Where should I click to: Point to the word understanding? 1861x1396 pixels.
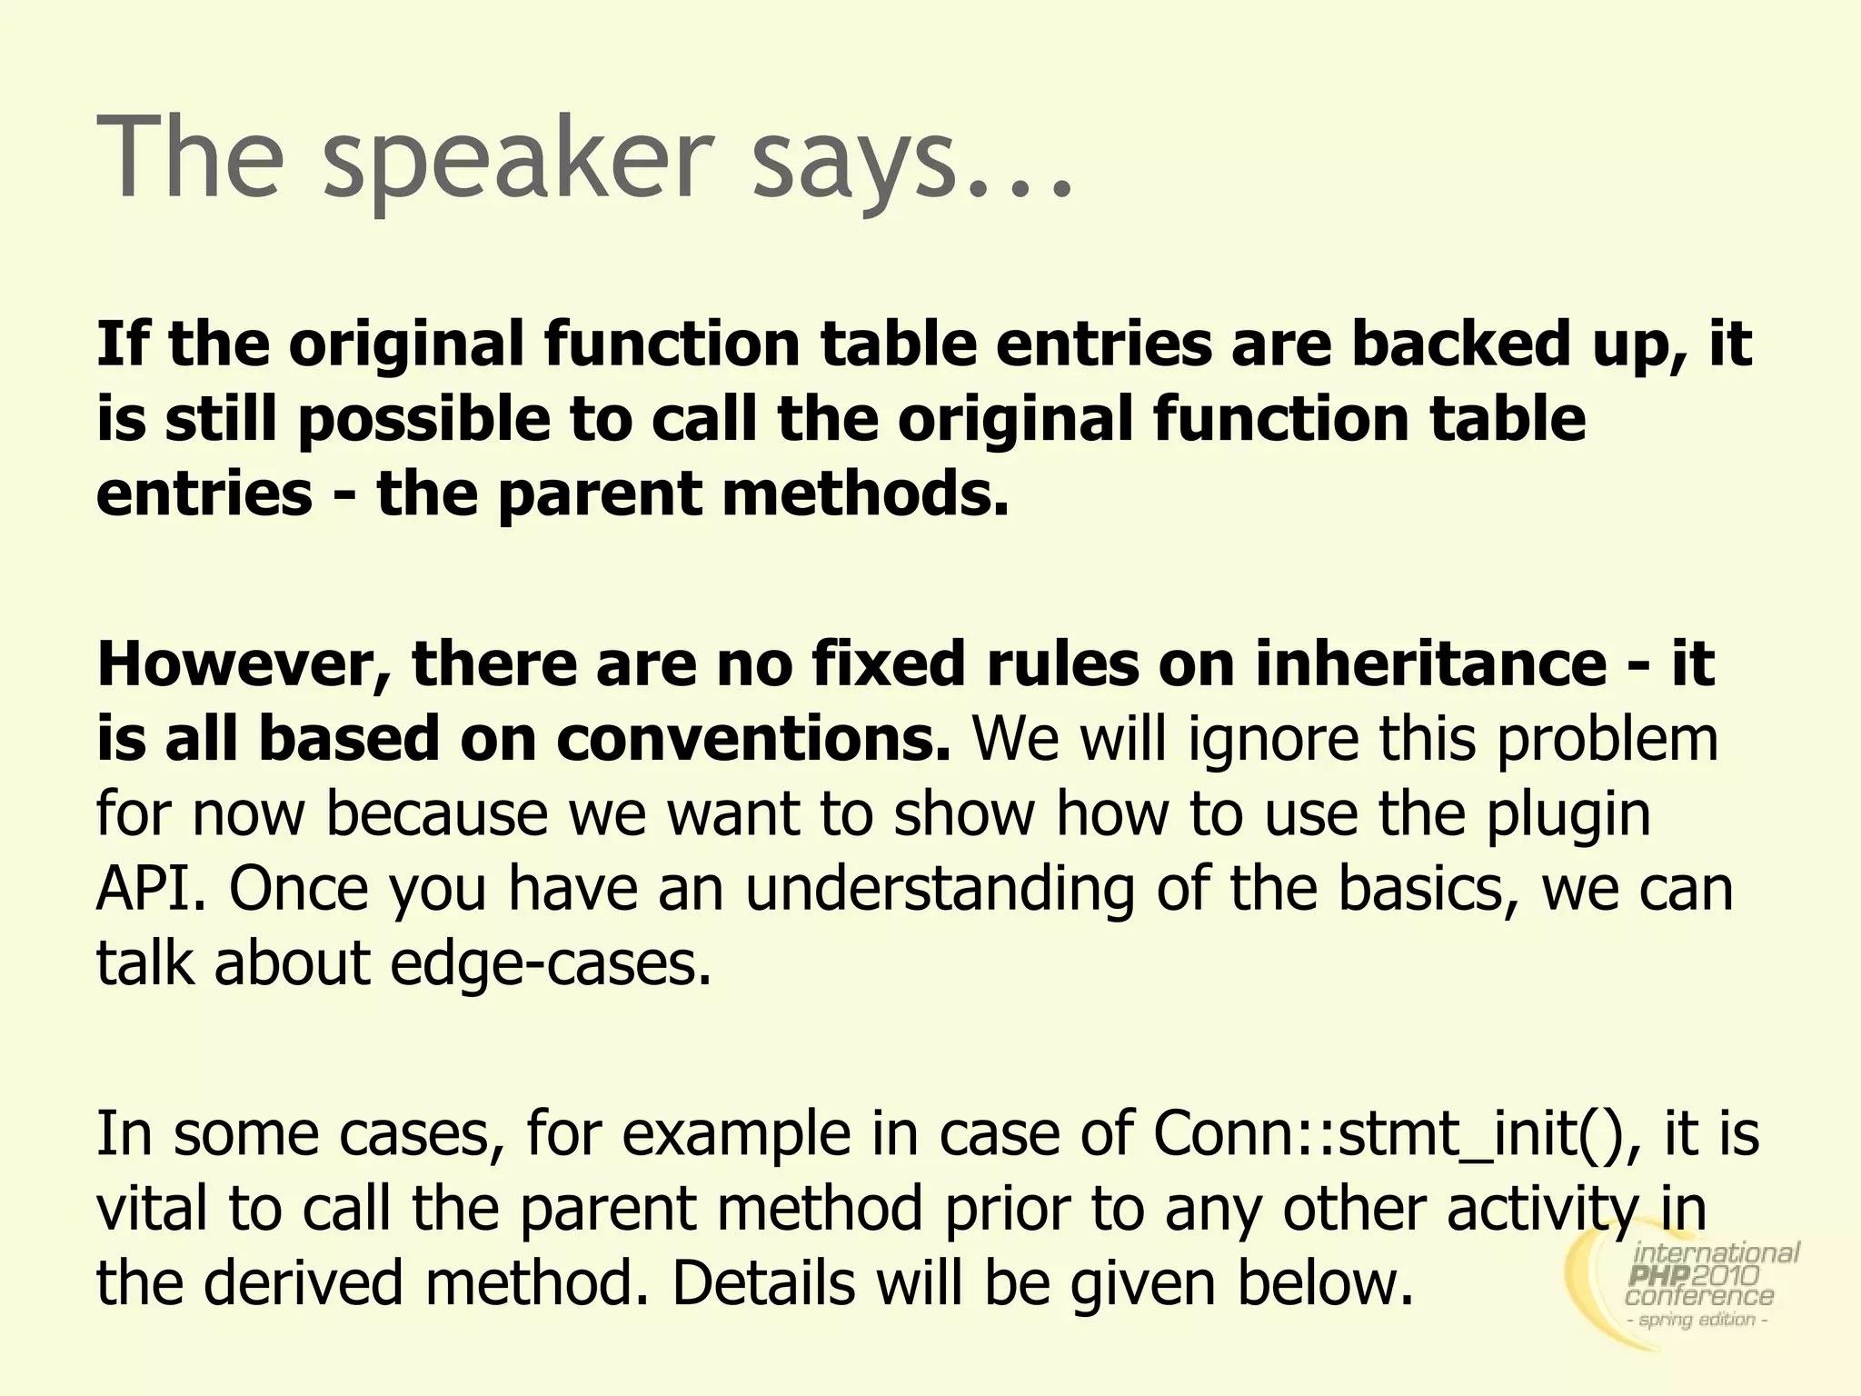940,888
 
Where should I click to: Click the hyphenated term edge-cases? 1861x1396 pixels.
551,962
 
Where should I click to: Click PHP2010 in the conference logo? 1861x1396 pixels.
1694,1276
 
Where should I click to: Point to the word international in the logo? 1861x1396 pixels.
1717,1254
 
